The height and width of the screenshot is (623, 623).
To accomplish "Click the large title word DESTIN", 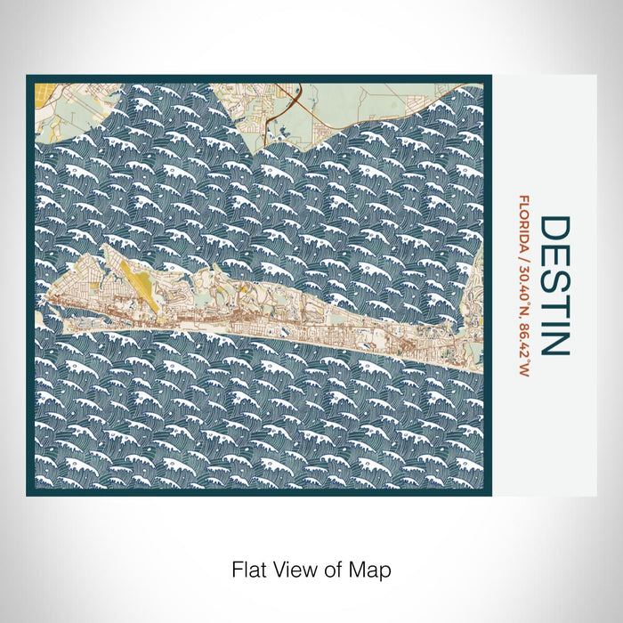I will tap(553, 285).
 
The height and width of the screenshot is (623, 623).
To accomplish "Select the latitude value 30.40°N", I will tap(525, 286).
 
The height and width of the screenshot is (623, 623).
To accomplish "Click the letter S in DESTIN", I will tap(553, 272).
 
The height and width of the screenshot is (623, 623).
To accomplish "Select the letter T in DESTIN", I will tap(553, 295).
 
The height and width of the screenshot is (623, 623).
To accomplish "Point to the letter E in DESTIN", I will tap(553, 251).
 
